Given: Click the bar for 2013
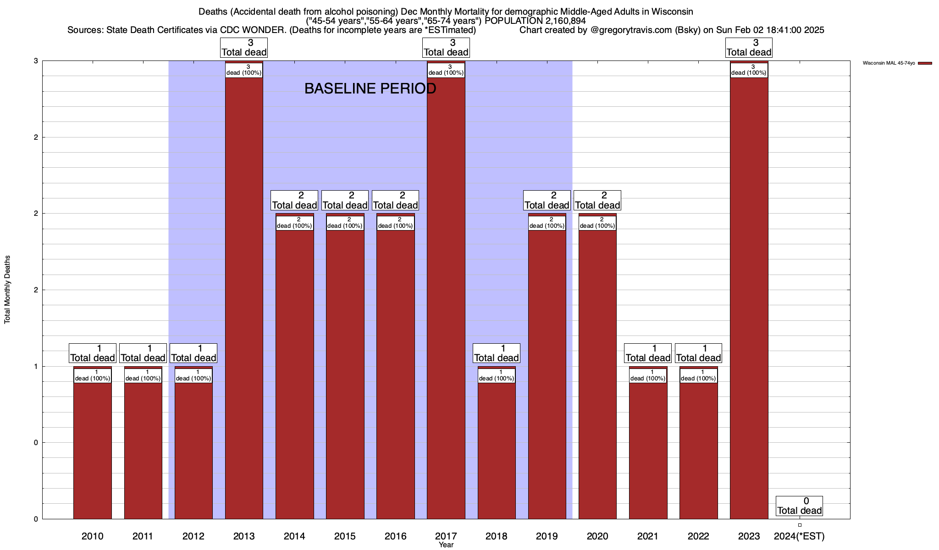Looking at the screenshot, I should point(244,298).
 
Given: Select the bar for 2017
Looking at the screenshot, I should point(446,298).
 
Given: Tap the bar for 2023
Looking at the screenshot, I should point(749,298).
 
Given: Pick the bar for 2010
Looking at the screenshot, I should point(93,449).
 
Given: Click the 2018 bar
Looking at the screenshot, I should point(497,449).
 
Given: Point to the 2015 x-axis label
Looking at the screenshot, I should point(345,536).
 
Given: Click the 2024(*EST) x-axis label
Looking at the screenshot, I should point(799,536).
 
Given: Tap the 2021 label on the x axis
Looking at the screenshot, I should point(648,536).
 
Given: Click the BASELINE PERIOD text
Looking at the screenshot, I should point(370,88).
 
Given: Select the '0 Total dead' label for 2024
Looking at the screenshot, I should point(799,506).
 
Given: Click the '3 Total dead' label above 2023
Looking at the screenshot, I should point(749,48).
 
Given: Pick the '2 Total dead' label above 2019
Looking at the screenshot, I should point(547,200).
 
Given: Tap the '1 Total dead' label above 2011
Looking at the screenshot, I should point(143,353).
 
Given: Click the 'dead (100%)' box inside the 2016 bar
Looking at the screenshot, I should point(395,223).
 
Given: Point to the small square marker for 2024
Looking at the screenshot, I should point(800,525).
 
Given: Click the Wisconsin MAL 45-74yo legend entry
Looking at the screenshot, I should point(897,63).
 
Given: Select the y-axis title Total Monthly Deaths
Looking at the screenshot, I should point(7,290).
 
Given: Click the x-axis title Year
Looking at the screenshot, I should point(446,544).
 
